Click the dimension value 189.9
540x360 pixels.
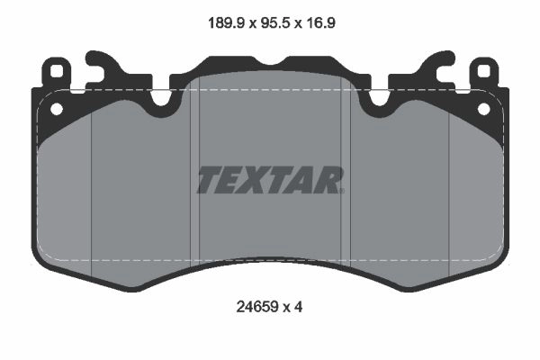click(x=226, y=23)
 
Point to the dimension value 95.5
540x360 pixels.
click(x=274, y=23)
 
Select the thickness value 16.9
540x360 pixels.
click(x=319, y=23)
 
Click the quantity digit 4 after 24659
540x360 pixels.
click(x=298, y=307)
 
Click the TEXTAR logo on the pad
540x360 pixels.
click(x=270, y=180)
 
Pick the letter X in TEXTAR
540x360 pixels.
click(x=256, y=180)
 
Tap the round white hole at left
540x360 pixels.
click(x=57, y=109)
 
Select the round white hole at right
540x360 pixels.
click(x=483, y=109)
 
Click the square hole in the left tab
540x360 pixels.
click(x=56, y=71)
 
